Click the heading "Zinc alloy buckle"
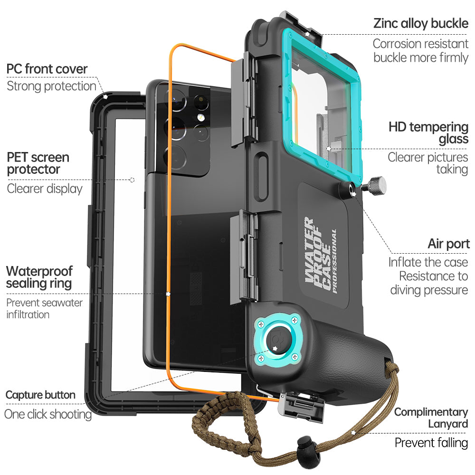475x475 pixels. click(x=421, y=23)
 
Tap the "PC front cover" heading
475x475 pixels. click(x=47, y=69)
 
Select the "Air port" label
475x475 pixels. click(x=448, y=244)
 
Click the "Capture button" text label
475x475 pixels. click(x=40, y=395)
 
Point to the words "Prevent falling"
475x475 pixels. click(x=431, y=443)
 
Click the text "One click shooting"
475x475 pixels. click(x=47, y=414)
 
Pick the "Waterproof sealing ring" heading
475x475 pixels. click(x=39, y=277)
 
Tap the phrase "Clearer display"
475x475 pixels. click(x=45, y=189)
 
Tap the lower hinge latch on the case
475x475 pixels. click(x=242, y=256)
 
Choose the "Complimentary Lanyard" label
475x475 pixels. click(x=431, y=418)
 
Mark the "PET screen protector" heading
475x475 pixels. click(x=38, y=163)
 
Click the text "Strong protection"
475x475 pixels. click(x=51, y=86)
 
